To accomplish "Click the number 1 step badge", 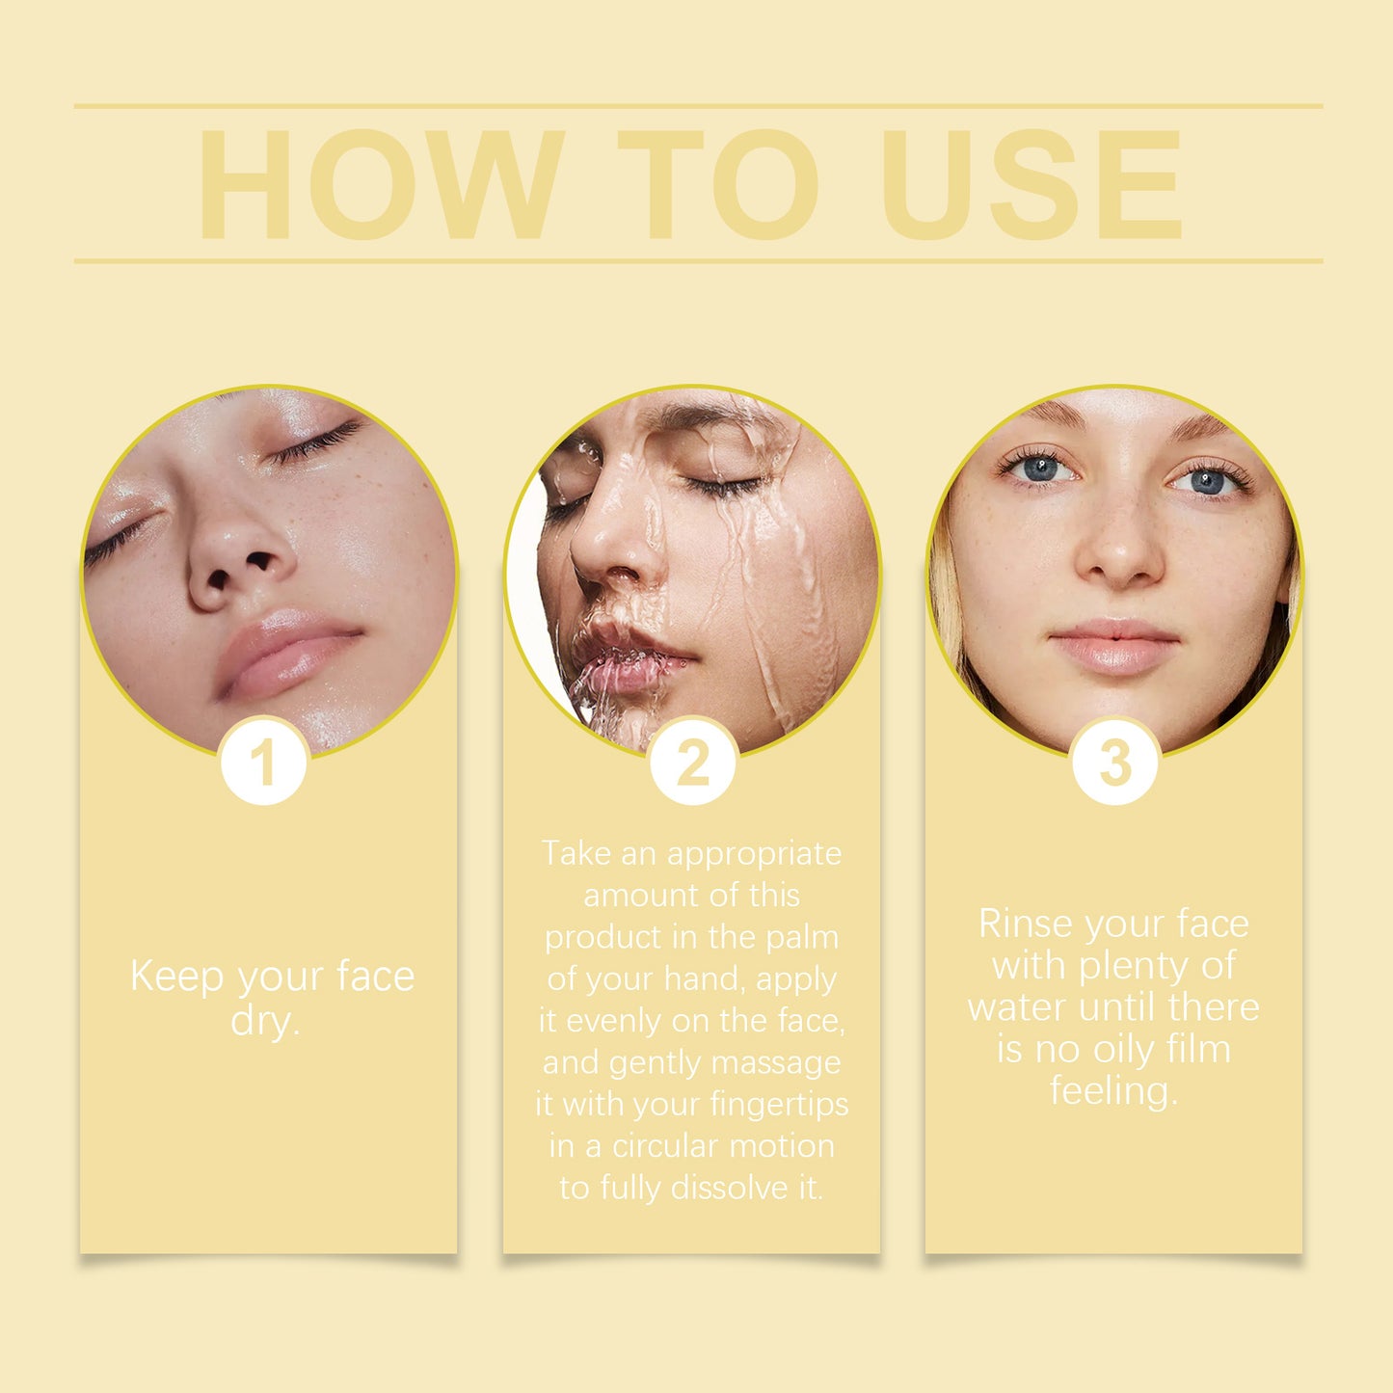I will click(263, 763).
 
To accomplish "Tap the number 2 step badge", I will click(692, 763).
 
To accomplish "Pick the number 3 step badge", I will click(1115, 763).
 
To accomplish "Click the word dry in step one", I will click(264, 1020).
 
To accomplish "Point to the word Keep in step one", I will click(176, 976).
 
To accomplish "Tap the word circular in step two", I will click(673, 1145).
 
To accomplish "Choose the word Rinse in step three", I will click(1025, 924).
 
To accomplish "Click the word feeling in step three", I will click(1113, 1091).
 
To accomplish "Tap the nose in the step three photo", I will click(1118, 559).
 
